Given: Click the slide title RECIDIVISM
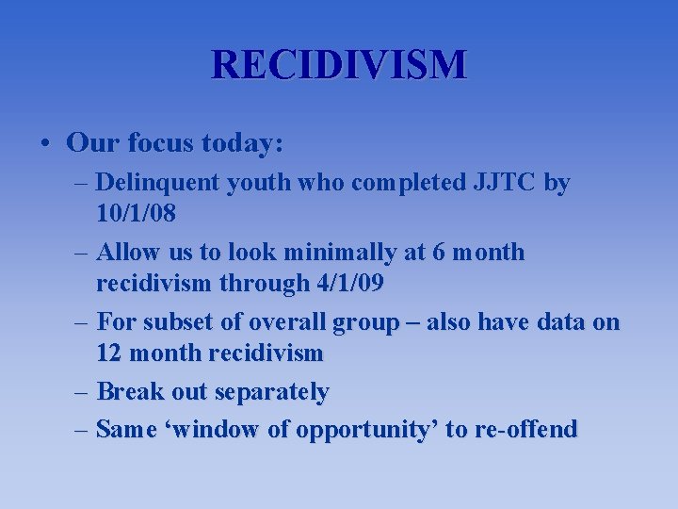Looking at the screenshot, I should [x=339, y=65].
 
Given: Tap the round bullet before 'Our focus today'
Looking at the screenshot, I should [x=45, y=144].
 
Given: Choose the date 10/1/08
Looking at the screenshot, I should [x=136, y=213].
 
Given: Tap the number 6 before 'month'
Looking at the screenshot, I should [x=439, y=253].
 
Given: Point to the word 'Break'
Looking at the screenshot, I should [x=129, y=391].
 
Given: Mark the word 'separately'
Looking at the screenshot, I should [x=272, y=391].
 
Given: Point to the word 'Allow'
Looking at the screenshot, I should [x=127, y=253].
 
